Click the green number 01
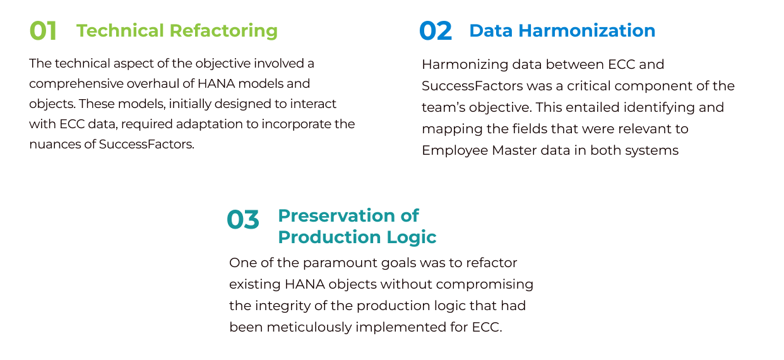pos(43,31)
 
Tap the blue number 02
pos(436,31)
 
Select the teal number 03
pos(243,220)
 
